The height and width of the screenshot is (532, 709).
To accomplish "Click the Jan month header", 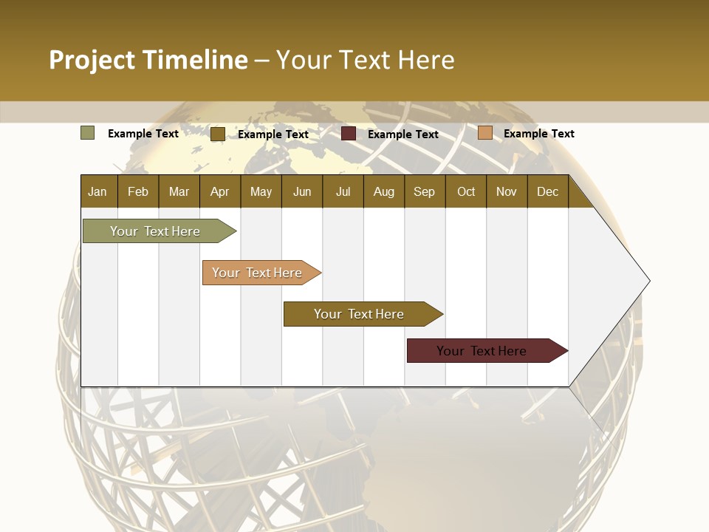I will pos(97,191).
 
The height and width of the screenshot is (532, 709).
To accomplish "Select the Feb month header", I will pos(138,191).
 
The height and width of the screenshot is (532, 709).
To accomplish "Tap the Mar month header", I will pos(179,191).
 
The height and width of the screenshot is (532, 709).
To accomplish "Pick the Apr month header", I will pos(219,191).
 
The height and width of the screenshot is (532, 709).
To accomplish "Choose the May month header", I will pos(261,191).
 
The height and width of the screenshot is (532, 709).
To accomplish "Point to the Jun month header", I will pos(302,191).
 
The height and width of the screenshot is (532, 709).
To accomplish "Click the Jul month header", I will pos(343,191).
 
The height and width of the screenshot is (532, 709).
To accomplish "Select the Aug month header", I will pos(383,191).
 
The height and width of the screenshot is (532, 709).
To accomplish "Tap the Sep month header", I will pos(424,191).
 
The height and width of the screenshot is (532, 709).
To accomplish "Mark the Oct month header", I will pos(466,191).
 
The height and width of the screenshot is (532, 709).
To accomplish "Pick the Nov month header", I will pos(507,191).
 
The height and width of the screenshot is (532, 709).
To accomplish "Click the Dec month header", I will pos(547,191).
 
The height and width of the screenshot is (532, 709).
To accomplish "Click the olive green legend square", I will pos(88,133).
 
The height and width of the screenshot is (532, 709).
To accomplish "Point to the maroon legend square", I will pos(349,134).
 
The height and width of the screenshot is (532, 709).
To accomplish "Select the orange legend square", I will pos(484,133).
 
